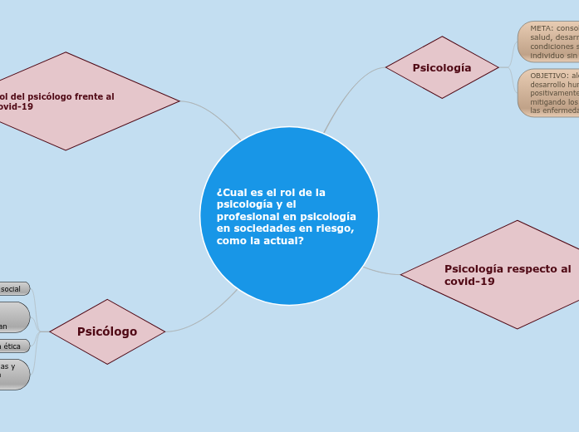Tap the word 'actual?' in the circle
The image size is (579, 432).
(x=283, y=240)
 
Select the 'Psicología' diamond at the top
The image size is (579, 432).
(x=442, y=67)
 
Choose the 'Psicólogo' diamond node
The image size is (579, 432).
(x=107, y=331)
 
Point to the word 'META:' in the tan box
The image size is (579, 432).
(x=542, y=28)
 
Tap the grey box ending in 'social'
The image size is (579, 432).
(x=13, y=288)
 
